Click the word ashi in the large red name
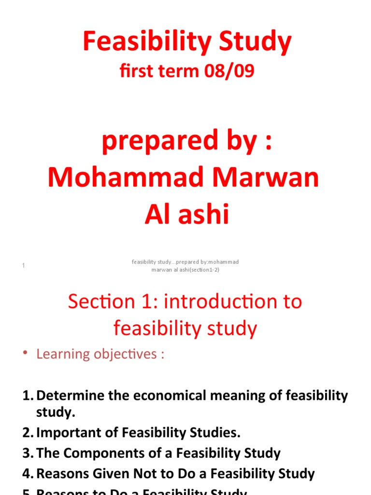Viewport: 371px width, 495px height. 202,214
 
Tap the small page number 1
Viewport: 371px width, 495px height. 23,265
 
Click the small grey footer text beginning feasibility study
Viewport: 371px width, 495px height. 185,265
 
